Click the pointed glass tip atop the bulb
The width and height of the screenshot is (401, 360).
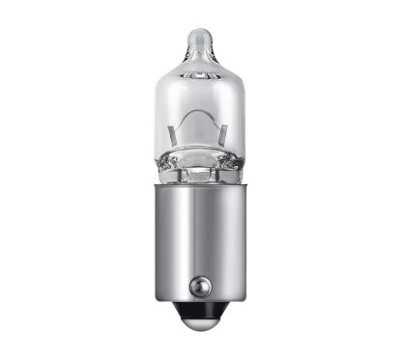tap(201, 37)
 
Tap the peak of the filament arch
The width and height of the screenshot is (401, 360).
tap(199, 107)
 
